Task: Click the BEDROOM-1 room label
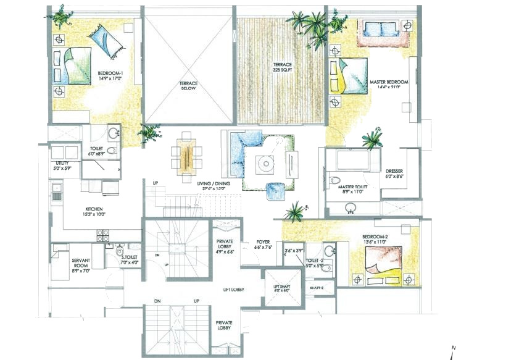(110, 77)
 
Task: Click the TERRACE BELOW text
(188, 86)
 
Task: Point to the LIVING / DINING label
(214, 186)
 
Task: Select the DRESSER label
(394, 174)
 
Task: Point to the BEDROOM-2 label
(375, 240)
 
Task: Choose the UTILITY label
(64, 165)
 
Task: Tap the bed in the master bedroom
(348, 75)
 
